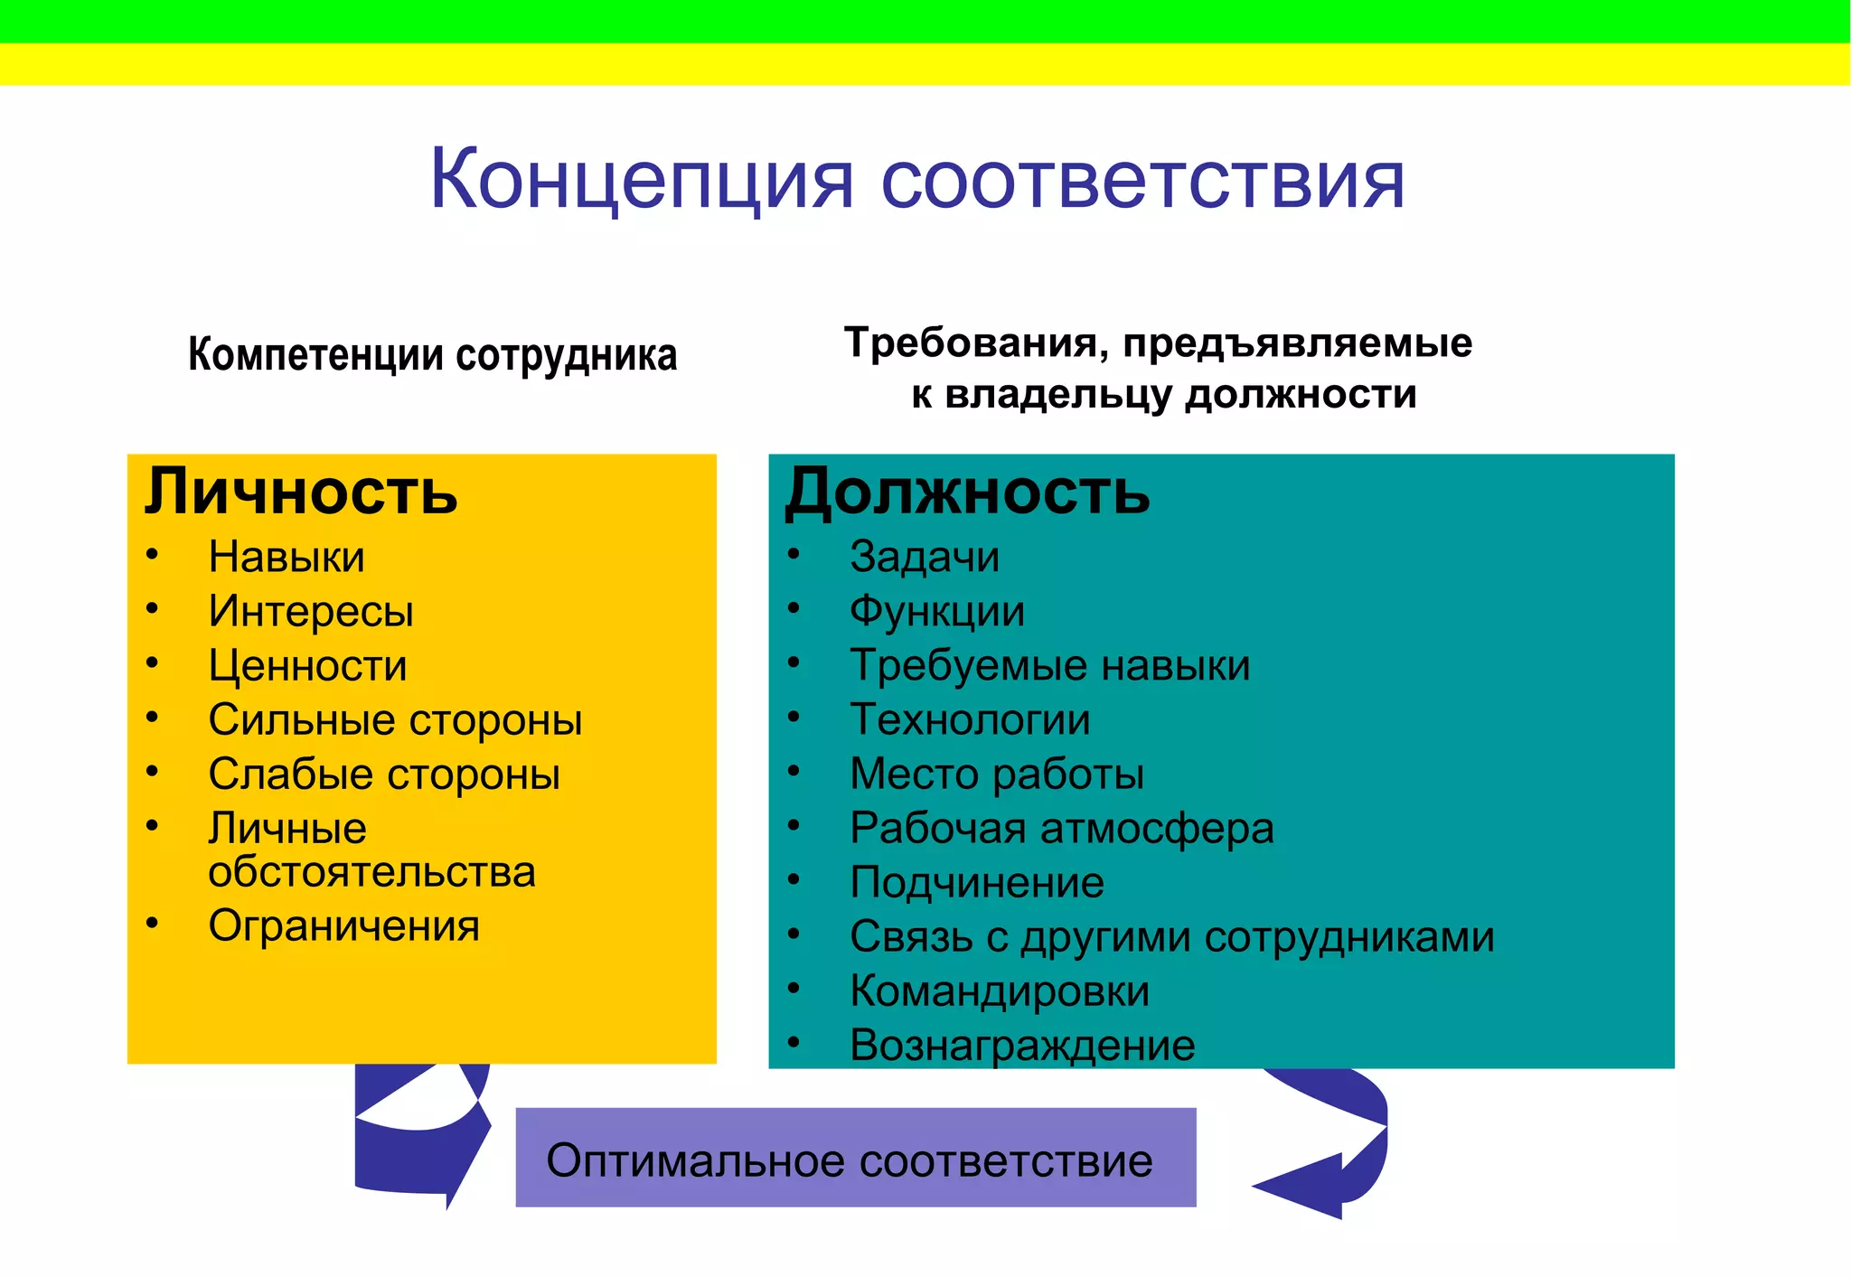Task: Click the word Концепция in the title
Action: pos(642,181)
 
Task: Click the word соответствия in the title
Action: pos(1142,181)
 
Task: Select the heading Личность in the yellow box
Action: pos(301,493)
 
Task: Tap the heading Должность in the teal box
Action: pos(967,493)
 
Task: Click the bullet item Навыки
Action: pos(287,557)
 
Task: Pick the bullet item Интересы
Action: pos(311,612)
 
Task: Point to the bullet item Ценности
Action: pos(307,666)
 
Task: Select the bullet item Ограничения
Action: pos(343,926)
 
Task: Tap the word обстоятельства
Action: pos(371,872)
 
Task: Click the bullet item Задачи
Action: pos(925,557)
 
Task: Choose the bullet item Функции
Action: pos(937,612)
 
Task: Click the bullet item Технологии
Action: pos(970,720)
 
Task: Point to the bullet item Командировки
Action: pos(1000,991)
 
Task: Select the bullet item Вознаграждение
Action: pos(1022,1046)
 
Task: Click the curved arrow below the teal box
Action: pos(1338,1148)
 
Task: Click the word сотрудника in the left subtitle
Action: pos(566,355)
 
